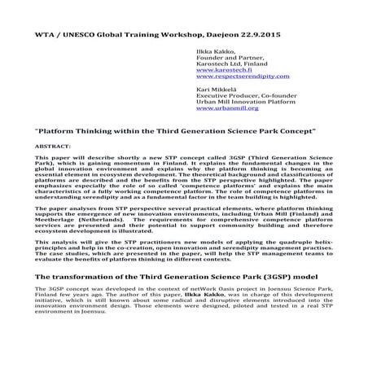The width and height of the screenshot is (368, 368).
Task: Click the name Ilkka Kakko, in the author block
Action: click(217, 50)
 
